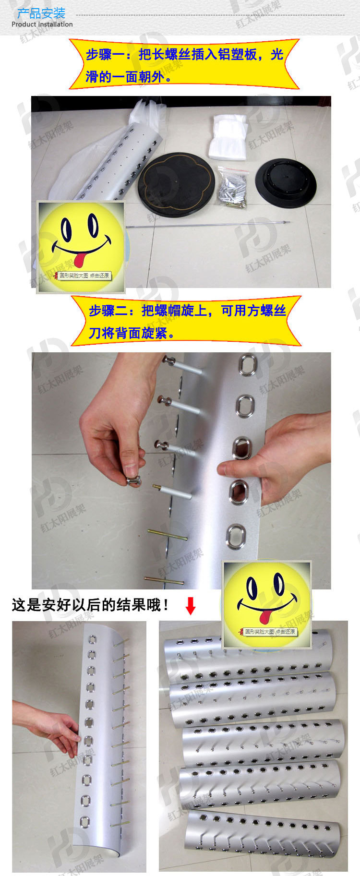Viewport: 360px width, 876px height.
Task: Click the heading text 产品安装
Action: point(41,13)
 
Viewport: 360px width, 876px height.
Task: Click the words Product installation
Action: point(42,24)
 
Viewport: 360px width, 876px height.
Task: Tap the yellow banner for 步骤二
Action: point(186,321)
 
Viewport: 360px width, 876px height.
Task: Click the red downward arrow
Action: point(191,606)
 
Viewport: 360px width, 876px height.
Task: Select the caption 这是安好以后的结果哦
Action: point(90,605)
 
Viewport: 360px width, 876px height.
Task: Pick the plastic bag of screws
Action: point(232,187)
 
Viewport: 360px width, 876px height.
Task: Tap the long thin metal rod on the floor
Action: point(206,224)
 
